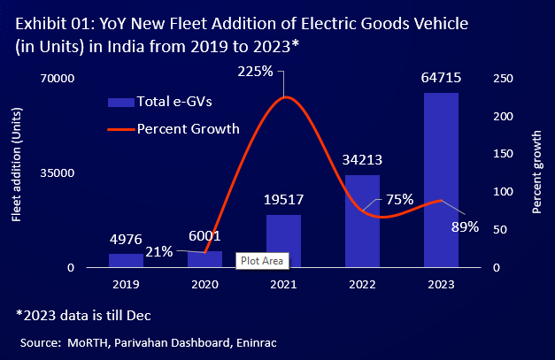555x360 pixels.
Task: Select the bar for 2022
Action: (x=362, y=221)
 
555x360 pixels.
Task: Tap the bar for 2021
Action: (x=283, y=241)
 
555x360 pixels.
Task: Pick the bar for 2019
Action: (x=126, y=260)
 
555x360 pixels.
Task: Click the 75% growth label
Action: (x=398, y=199)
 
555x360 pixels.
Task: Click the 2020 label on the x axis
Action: (x=204, y=285)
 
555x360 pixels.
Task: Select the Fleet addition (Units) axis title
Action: (x=16, y=172)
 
